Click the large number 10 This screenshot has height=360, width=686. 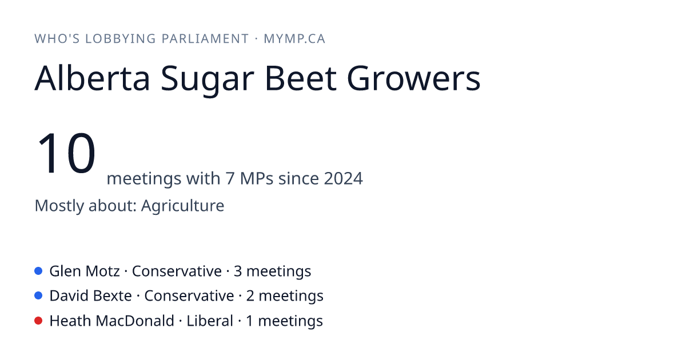(x=66, y=153)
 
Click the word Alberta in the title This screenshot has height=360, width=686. (x=92, y=78)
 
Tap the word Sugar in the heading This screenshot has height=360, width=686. (x=208, y=80)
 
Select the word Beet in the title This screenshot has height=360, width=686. (x=301, y=78)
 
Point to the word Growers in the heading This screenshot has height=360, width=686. (x=414, y=78)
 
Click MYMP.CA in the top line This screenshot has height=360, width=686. (x=294, y=39)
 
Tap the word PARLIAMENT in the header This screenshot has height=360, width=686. (x=205, y=39)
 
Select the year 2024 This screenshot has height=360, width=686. (x=344, y=178)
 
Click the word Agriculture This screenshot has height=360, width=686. (x=182, y=205)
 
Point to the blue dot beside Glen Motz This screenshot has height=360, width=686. (x=38, y=271)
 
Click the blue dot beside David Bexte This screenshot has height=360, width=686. (x=38, y=295)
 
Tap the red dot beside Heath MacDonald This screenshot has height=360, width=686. (x=38, y=321)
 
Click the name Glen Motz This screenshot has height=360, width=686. (x=85, y=271)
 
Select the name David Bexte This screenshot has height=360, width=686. (x=91, y=296)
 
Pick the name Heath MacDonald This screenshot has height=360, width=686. (x=112, y=321)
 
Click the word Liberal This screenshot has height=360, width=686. (x=210, y=321)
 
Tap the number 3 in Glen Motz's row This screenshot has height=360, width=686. (x=238, y=271)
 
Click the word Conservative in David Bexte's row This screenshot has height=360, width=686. (x=189, y=296)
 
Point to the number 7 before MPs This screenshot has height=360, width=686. (x=230, y=178)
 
